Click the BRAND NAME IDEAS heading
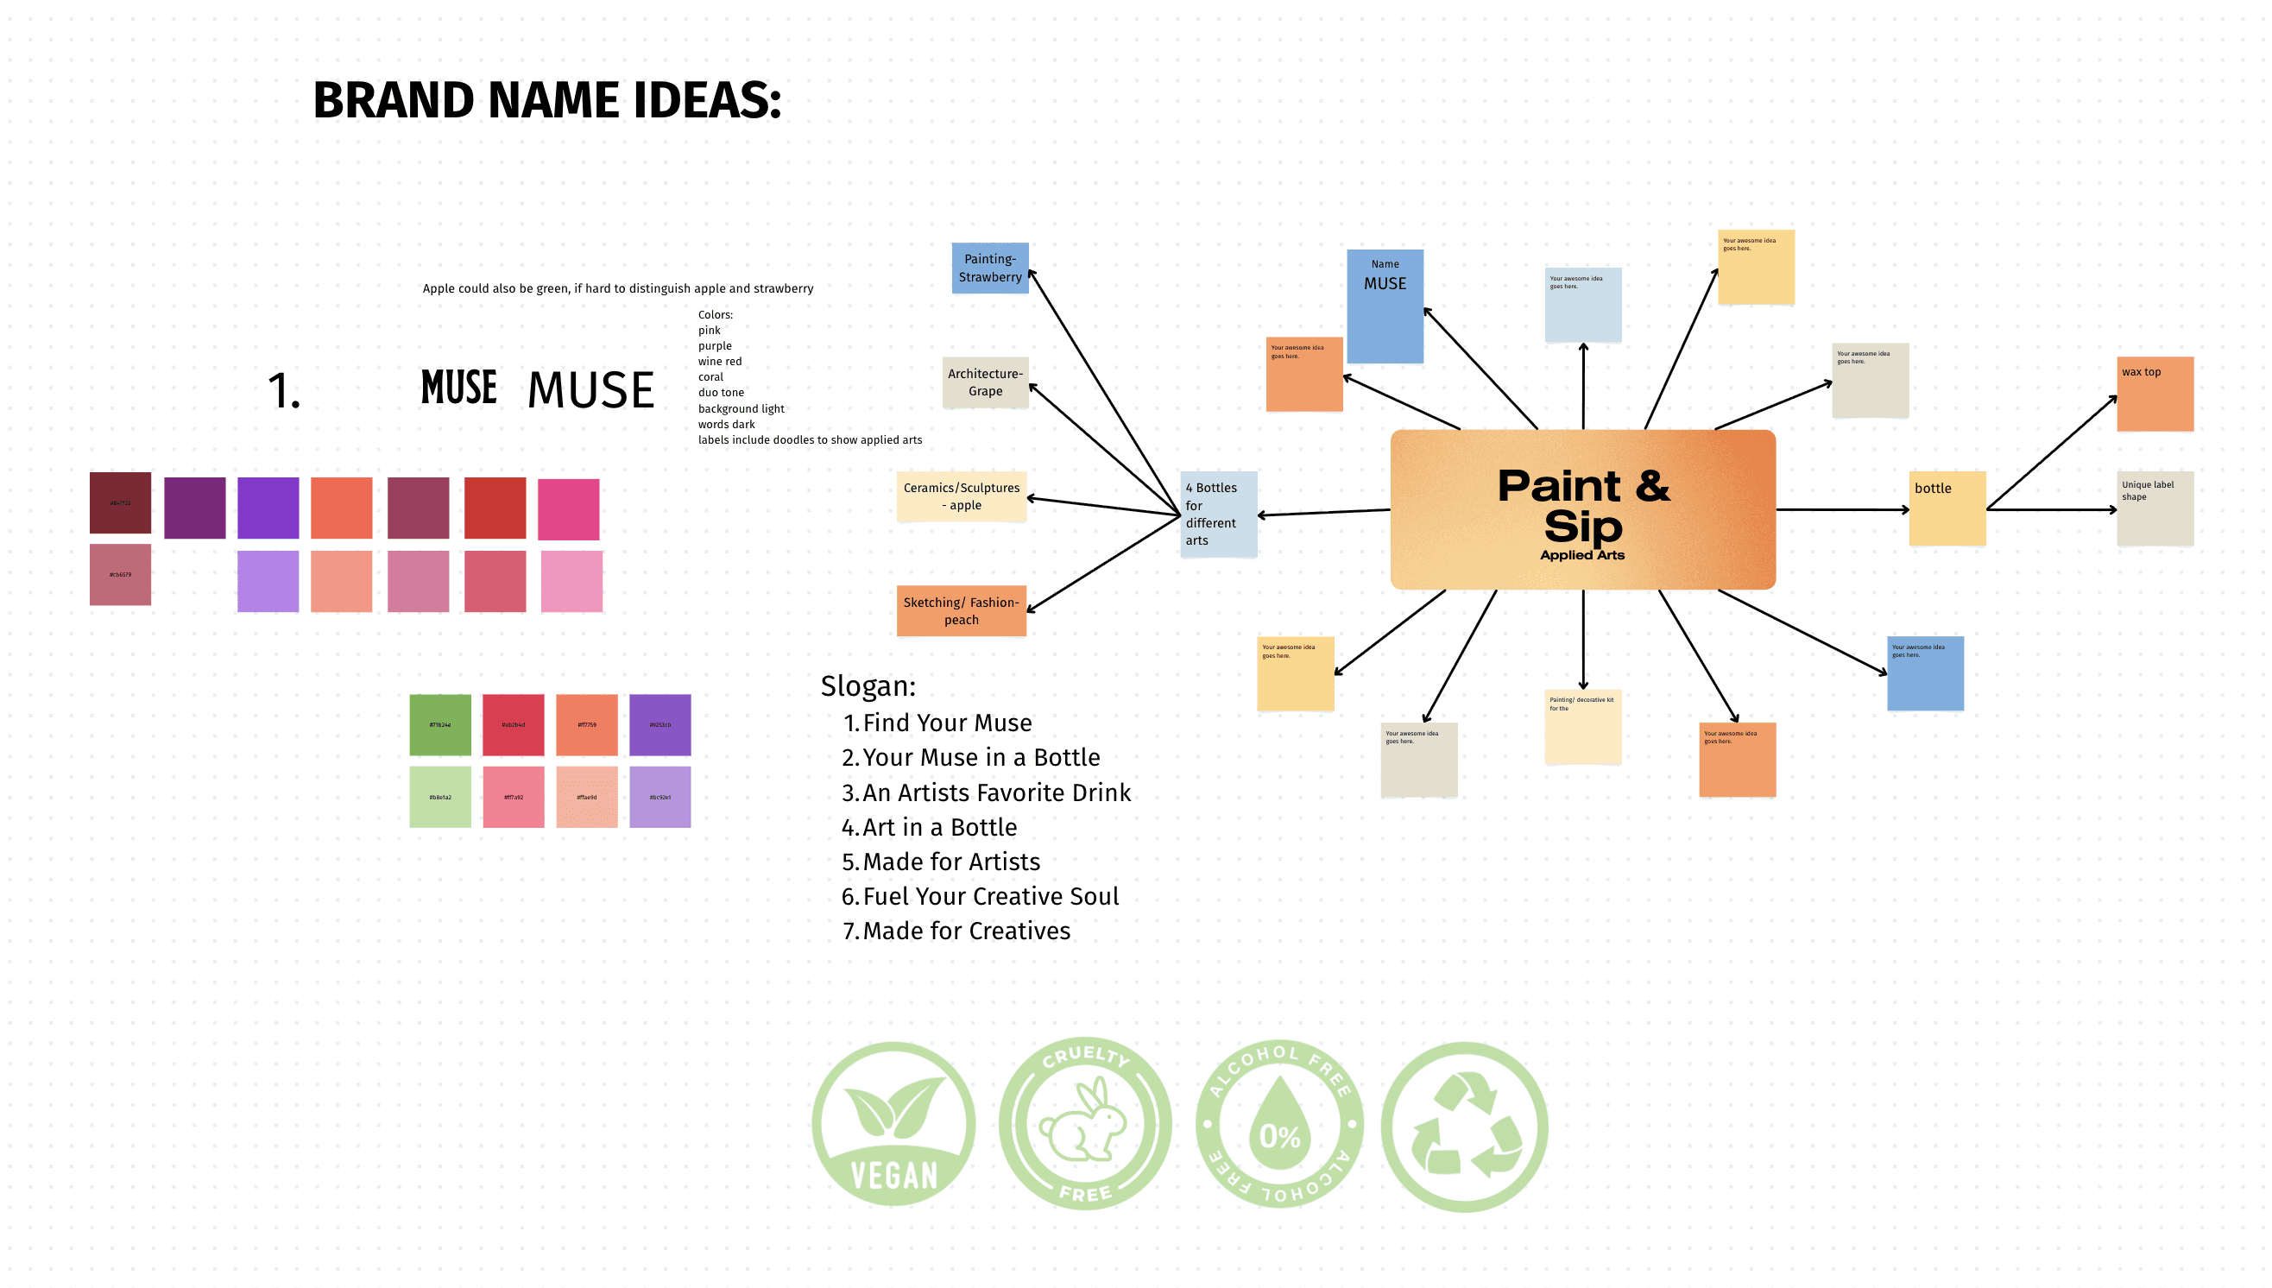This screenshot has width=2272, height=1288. click(546, 100)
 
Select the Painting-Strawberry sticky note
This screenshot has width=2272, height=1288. click(989, 268)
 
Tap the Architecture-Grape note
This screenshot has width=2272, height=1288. click(984, 382)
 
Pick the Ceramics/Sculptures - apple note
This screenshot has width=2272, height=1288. click(962, 496)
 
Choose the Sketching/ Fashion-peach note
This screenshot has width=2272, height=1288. click(961, 610)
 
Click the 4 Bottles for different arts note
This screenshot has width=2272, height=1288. click(1218, 514)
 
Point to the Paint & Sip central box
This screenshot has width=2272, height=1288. click(1582, 510)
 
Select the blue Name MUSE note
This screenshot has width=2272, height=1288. click(1384, 306)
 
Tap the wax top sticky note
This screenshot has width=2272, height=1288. click(2155, 394)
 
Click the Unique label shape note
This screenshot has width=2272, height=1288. click(2155, 508)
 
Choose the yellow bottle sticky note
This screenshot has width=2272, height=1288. click(1947, 508)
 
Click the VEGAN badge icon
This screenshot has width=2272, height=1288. click(893, 1124)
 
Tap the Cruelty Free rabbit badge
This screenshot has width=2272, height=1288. click(1085, 1124)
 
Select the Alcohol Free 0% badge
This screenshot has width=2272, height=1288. click(1278, 1124)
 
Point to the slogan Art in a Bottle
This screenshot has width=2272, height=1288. click(939, 827)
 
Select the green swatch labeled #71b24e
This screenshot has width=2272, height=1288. click(439, 725)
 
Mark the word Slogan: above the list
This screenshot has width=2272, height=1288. click(868, 685)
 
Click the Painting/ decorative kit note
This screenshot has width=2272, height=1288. click(1582, 726)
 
